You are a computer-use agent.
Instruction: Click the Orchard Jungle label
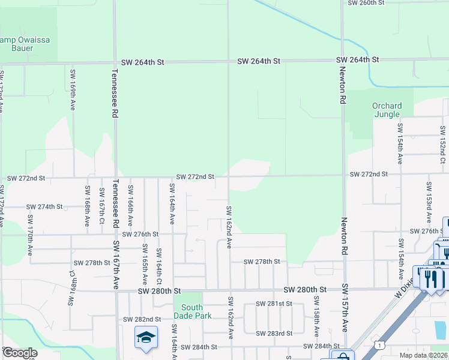click(387, 110)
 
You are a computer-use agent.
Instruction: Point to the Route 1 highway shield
click(379, 344)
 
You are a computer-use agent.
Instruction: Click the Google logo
click(19, 353)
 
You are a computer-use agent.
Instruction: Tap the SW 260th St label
click(366, 3)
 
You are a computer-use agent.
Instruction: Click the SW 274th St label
click(44, 207)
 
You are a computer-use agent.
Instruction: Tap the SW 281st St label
click(273, 304)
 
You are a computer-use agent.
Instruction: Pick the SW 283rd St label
click(274, 333)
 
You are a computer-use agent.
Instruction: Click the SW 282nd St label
click(142, 319)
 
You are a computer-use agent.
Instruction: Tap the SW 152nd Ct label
click(442, 144)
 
